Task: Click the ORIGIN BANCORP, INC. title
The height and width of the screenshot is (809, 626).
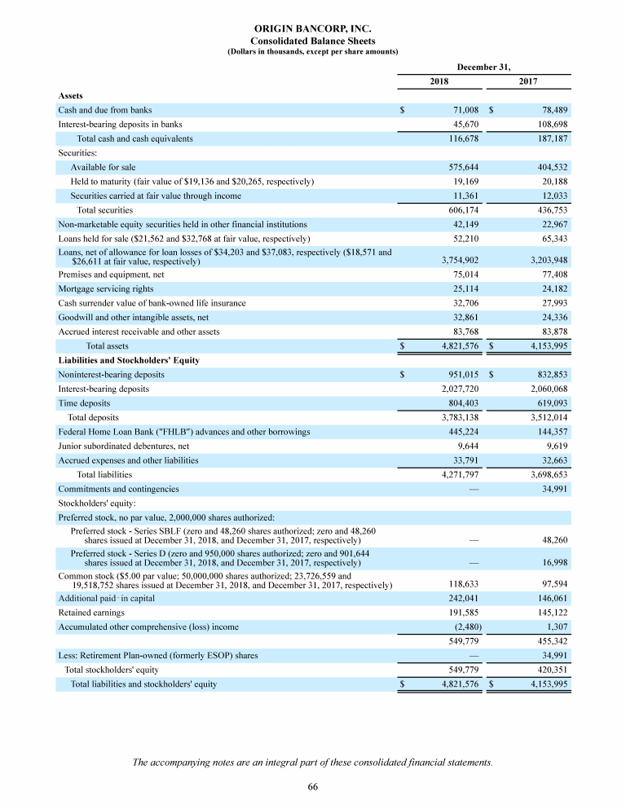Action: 313,28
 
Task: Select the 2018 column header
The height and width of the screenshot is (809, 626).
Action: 439,81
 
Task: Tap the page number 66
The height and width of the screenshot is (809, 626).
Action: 313,785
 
